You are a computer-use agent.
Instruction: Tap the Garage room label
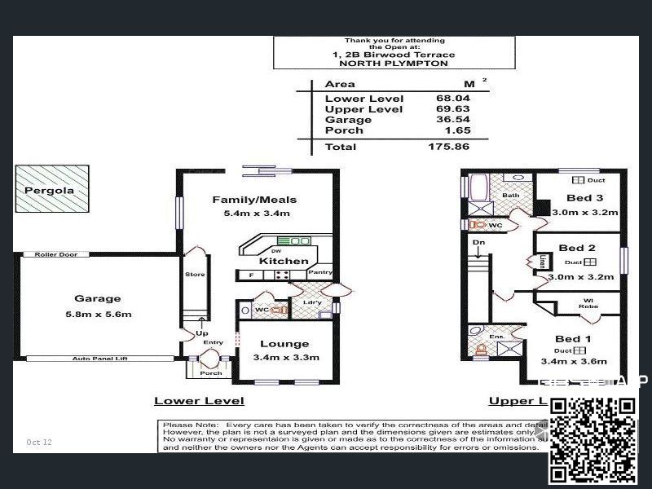[x=97, y=298]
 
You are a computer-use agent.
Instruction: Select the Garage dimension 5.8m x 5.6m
[x=97, y=314]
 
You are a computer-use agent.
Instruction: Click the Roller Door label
[x=56, y=254]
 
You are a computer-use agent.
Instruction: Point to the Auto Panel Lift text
[x=100, y=359]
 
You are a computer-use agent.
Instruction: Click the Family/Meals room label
[x=254, y=200]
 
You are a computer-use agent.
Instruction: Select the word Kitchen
[x=284, y=262]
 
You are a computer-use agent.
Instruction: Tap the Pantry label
[x=320, y=273]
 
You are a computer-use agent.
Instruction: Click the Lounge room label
[x=284, y=344]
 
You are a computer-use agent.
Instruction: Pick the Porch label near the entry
[x=211, y=373]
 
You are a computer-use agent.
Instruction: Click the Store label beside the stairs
[x=195, y=275]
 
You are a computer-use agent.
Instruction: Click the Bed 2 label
[x=577, y=248]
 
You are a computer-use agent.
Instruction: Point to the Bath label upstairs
[x=510, y=196]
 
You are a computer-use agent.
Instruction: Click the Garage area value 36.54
[x=454, y=120]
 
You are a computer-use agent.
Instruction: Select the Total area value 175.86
[x=451, y=147]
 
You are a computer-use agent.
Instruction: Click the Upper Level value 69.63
[x=454, y=109]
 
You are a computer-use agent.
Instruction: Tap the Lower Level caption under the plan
[x=199, y=401]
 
